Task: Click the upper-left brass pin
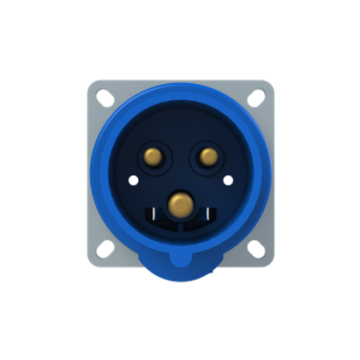(x=154, y=157)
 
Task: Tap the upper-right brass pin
(x=208, y=157)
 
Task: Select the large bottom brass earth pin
(x=179, y=204)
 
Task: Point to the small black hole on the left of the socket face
(x=133, y=179)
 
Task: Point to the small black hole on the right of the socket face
(x=228, y=179)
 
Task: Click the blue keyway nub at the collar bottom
(x=180, y=259)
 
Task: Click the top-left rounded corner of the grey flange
(x=90, y=82)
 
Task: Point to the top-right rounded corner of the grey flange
(x=271, y=82)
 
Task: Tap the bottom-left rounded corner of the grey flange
(x=90, y=263)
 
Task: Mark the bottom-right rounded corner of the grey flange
(x=271, y=263)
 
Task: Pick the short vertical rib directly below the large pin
(x=180, y=229)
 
